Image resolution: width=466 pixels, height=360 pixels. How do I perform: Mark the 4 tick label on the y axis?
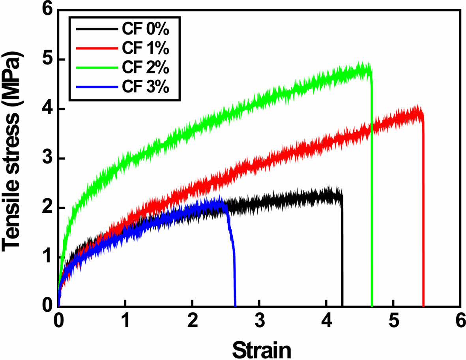point(48,109)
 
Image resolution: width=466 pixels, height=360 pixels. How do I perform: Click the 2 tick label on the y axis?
point(48,208)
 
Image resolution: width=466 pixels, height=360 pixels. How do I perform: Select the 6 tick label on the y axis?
point(48,10)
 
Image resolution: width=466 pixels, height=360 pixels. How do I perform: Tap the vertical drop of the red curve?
point(423,217)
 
